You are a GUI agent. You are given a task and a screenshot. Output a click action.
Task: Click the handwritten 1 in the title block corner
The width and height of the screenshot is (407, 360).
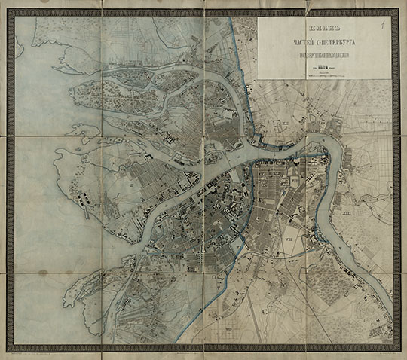(x=383, y=25)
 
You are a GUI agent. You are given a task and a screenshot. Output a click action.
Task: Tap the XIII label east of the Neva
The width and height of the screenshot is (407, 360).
(x=347, y=216)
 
